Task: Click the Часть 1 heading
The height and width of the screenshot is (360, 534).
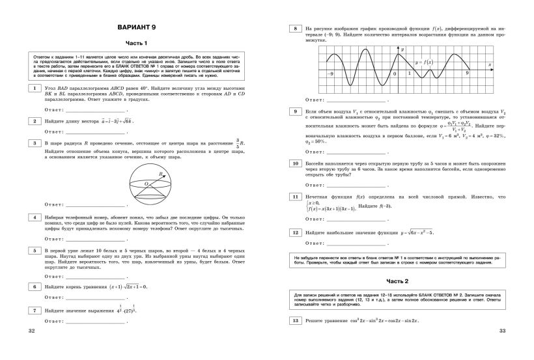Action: [137, 42]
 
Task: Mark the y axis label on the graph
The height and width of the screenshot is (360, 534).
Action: [402, 50]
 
